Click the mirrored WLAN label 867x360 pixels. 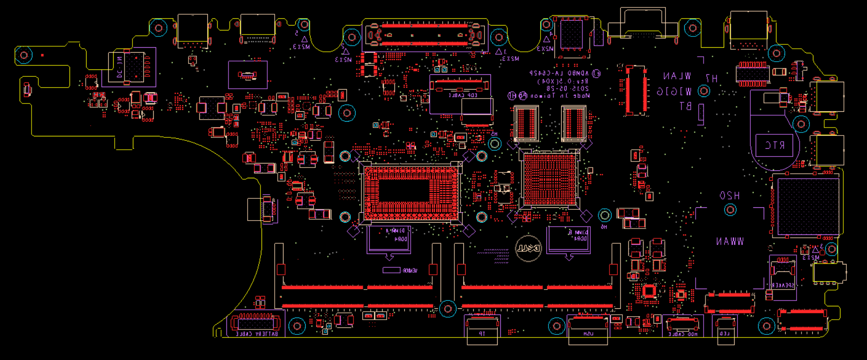click(677, 76)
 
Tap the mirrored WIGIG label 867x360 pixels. click(674, 92)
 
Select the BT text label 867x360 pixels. click(686, 106)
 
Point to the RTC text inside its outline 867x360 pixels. click(774, 146)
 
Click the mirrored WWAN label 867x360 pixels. click(730, 241)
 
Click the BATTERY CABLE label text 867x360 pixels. click(257, 334)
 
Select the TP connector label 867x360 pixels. click(482, 334)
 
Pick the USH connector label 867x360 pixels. click(588, 334)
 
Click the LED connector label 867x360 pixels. click(725, 334)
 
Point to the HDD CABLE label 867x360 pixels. click(683, 334)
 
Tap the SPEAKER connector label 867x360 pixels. click(782, 285)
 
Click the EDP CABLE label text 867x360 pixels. click(463, 95)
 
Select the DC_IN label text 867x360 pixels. click(119, 67)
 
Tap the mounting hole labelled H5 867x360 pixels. click(495, 144)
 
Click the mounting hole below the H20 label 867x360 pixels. click(730, 210)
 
